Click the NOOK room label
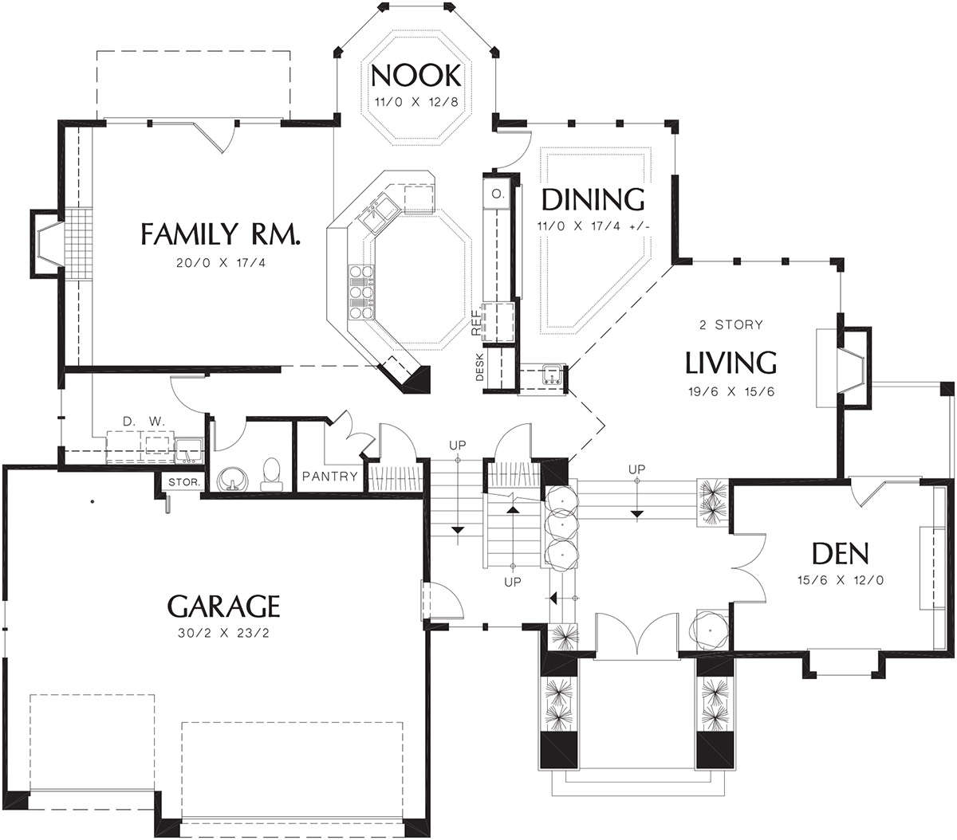tap(415, 76)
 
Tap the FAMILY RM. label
tap(221, 234)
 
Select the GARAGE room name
tap(224, 606)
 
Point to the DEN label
tap(841, 553)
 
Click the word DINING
tap(593, 200)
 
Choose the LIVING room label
tap(731, 363)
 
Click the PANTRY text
tap(330, 476)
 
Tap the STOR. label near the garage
tap(184, 482)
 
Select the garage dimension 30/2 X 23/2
tap(224, 633)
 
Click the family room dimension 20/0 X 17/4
tap(221, 262)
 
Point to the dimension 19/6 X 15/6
tap(731, 391)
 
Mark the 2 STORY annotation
tap(731, 325)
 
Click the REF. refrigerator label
tap(476, 320)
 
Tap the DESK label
tap(480, 367)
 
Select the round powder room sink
tap(232, 478)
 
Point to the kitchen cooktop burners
tap(361, 292)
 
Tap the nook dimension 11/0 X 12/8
tap(416, 102)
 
